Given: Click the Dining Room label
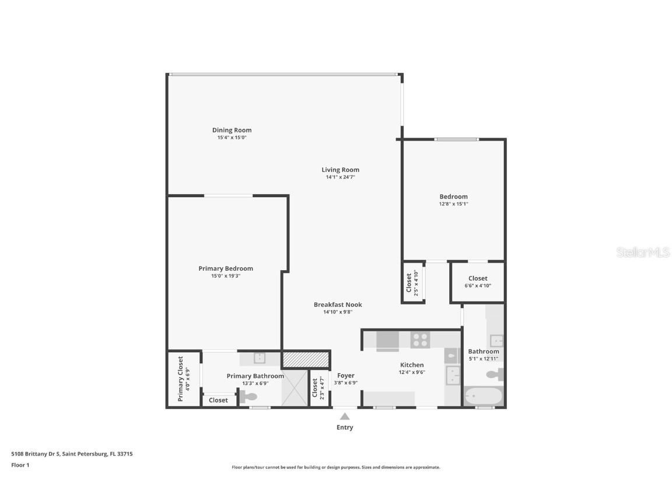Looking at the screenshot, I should click(232, 130).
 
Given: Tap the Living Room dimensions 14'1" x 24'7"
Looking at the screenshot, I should click(340, 177).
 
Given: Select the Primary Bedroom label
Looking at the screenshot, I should click(226, 268).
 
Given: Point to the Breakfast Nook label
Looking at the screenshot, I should click(338, 304).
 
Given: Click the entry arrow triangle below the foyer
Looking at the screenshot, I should click(345, 416).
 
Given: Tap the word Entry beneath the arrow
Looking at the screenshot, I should click(345, 428).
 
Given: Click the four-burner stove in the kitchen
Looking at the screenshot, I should click(419, 339).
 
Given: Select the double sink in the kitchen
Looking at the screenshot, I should click(453, 376).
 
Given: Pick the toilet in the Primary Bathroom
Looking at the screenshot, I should click(247, 397).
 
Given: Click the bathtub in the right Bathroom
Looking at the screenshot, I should click(483, 397).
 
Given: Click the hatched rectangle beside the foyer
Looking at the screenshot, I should click(306, 359).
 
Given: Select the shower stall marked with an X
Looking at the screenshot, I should click(295, 388).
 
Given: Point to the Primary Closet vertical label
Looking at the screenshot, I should click(181, 379).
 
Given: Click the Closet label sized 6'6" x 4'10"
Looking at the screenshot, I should click(477, 278).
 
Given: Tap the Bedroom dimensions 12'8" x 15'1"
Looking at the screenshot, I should click(453, 204).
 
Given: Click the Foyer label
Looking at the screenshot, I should click(345, 376).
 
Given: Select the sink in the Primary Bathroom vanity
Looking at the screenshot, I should click(258, 358).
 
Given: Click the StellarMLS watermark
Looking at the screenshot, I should click(643, 253).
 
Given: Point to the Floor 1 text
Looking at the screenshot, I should click(20, 465).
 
